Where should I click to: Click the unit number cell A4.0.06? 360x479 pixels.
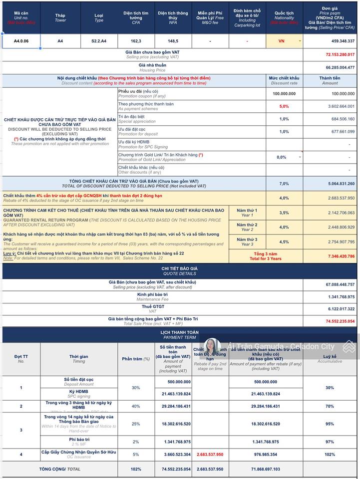[x=21, y=41]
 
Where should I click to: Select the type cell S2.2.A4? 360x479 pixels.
[x=99, y=41]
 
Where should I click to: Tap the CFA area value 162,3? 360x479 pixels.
[x=136, y=41]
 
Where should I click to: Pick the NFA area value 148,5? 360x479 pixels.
[x=173, y=41]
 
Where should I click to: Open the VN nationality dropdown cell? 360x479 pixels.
[x=284, y=41]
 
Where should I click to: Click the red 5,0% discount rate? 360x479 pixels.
[x=284, y=106]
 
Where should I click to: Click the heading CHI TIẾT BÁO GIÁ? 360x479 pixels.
[x=180, y=268]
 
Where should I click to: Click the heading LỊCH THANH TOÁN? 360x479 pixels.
[x=180, y=332]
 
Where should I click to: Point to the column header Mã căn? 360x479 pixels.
[x=21, y=15]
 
